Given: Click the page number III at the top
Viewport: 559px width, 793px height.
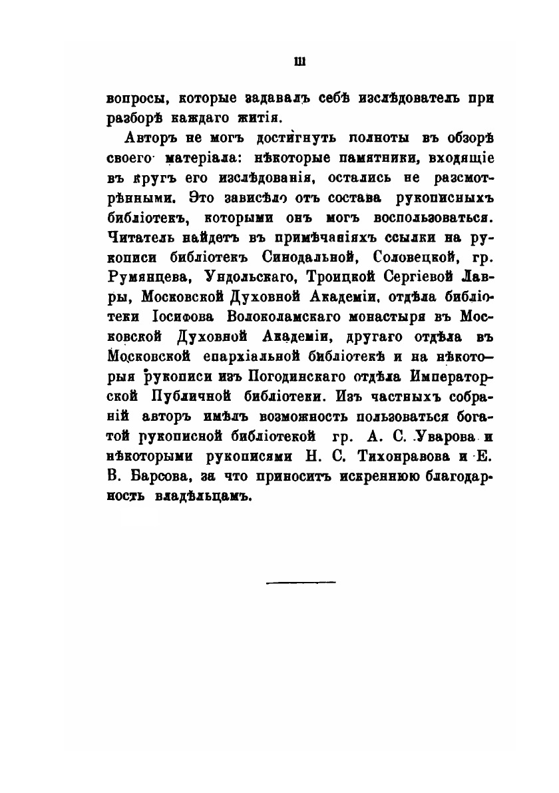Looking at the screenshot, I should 299,63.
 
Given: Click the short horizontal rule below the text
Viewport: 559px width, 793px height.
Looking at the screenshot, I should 301,583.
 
